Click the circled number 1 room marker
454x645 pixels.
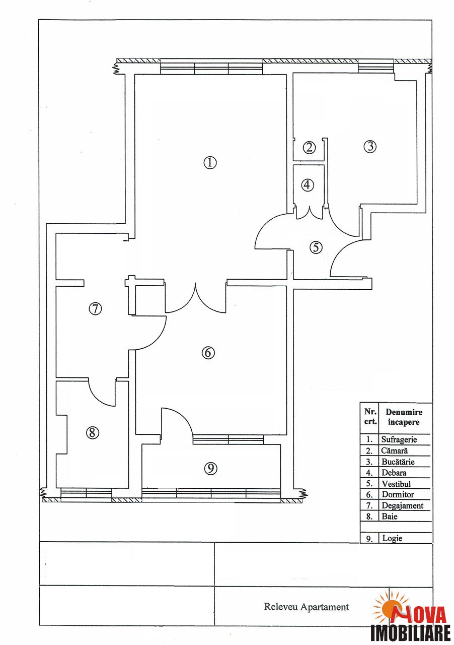[210, 163]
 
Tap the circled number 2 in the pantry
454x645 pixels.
[309, 148]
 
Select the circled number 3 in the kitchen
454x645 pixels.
[370, 146]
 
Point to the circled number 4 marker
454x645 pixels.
[307, 185]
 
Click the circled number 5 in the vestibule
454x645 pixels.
[316, 247]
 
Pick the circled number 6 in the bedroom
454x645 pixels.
[208, 352]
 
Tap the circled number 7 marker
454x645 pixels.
[95, 309]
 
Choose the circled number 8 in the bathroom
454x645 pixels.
[92, 432]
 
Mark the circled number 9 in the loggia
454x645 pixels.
[210, 469]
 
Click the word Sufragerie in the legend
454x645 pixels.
[399, 440]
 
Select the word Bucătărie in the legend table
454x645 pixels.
[398, 462]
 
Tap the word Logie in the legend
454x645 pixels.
[392, 538]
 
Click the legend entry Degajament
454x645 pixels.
[402, 505]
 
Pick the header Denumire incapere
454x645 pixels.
[404, 417]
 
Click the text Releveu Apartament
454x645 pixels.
[307, 607]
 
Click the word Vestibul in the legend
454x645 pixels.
[396, 484]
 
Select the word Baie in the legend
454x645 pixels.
[389, 517]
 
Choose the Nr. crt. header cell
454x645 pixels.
[370, 416]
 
